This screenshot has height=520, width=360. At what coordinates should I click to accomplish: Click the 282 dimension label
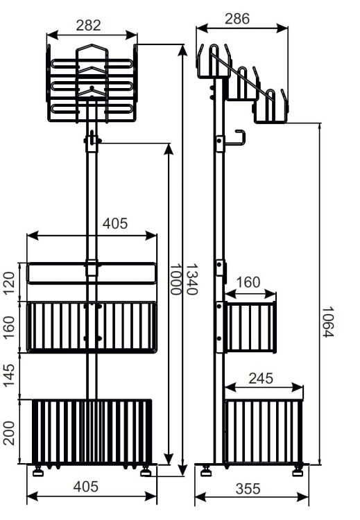(88, 26)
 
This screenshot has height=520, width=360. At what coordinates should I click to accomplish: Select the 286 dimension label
(237, 19)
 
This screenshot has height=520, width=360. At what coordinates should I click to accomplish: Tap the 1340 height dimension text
(191, 279)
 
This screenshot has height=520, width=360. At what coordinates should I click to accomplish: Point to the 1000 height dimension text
(175, 279)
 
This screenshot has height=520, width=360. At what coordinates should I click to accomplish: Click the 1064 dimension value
(328, 322)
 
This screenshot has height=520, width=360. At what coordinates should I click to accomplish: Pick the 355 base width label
(248, 489)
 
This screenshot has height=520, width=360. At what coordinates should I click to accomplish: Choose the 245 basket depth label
(261, 379)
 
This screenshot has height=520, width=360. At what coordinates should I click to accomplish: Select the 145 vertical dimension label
(9, 375)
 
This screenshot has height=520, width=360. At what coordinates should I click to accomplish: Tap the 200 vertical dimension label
(9, 433)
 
